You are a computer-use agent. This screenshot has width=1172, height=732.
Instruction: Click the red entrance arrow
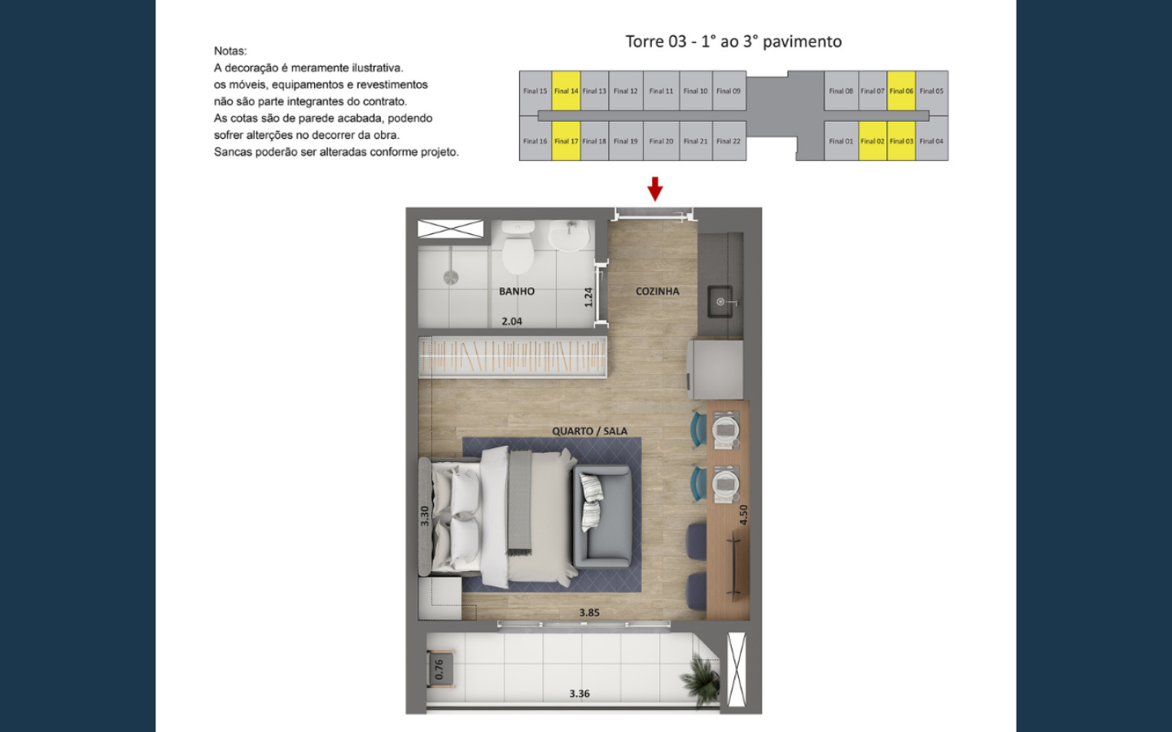(655, 189)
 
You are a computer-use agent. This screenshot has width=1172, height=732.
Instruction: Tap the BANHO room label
(516, 291)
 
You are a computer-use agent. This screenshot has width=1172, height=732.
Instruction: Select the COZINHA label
(657, 291)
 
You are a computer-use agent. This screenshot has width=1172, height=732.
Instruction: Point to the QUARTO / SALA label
(589, 431)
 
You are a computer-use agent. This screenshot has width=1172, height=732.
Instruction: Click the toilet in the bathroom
(518, 246)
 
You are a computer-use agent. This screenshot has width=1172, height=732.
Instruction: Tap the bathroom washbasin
(571, 235)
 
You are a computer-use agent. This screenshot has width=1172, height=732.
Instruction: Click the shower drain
(451, 277)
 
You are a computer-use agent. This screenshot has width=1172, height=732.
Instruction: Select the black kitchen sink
(720, 301)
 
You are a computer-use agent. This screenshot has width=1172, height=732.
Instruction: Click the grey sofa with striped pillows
(603, 516)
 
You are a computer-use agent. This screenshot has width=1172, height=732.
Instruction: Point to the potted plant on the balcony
(701, 680)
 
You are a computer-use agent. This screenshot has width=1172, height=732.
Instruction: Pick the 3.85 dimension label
(589, 612)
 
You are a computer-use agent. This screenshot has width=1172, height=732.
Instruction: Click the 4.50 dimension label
(744, 515)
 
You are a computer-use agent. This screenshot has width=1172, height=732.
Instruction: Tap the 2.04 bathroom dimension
(512, 321)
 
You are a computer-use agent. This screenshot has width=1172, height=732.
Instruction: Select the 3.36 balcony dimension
(579, 693)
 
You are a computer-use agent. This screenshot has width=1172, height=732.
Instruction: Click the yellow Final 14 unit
(566, 91)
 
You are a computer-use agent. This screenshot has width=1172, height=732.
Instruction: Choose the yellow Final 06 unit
(901, 91)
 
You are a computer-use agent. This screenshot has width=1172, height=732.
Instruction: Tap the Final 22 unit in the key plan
(728, 142)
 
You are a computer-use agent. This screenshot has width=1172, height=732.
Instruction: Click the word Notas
(230, 50)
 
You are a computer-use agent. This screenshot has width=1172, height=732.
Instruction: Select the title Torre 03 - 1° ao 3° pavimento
(733, 41)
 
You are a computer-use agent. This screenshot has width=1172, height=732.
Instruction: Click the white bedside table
(439, 598)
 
